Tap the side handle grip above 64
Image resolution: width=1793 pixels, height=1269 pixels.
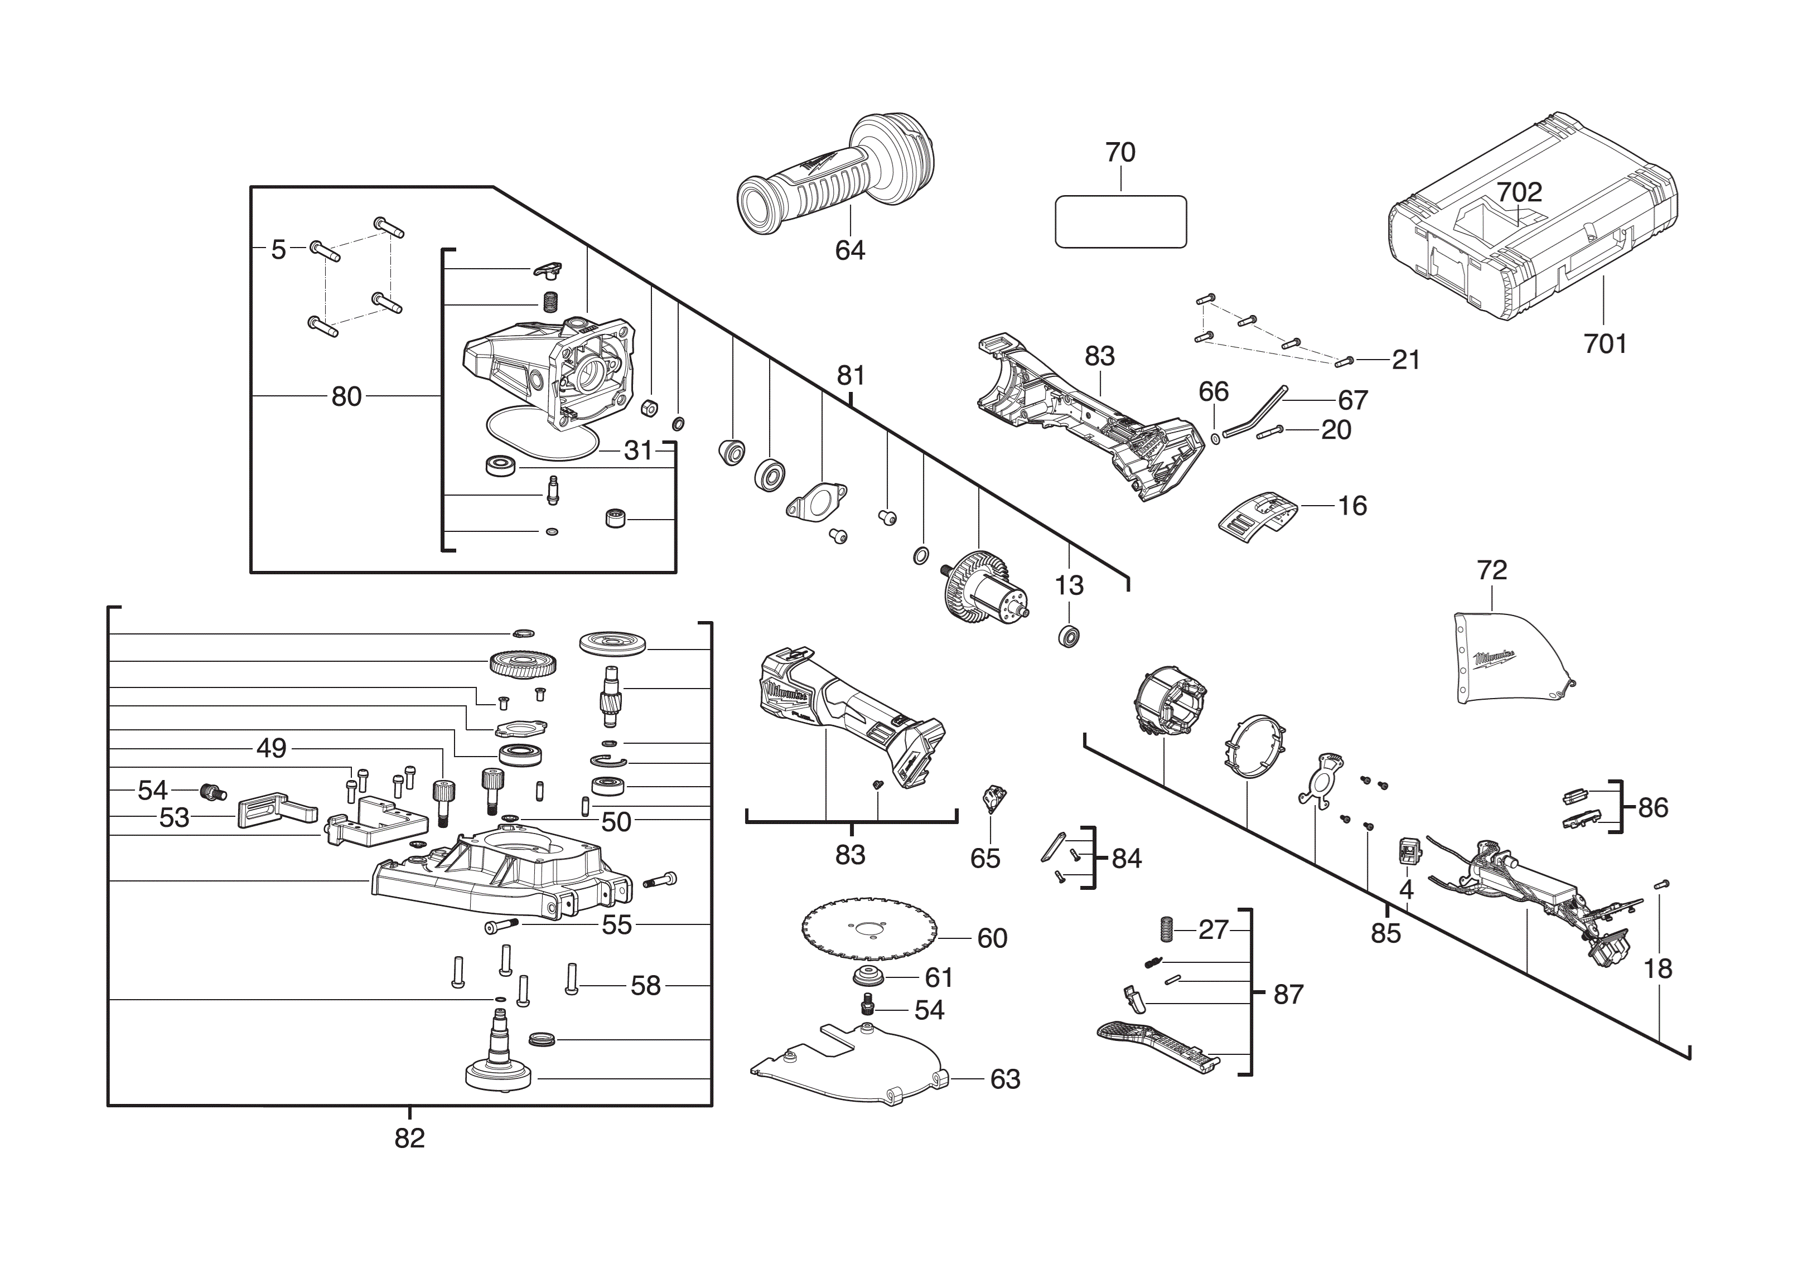[x=829, y=187]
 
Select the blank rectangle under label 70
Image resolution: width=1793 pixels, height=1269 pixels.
[x=1120, y=222]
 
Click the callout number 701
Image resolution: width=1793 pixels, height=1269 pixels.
[x=1604, y=344]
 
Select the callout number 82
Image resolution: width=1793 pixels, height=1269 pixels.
[x=409, y=1139]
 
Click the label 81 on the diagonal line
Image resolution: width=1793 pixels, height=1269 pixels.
[x=850, y=376]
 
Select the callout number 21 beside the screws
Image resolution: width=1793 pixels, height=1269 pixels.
[x=1405, y=360]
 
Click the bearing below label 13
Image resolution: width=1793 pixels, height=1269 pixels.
[x=1069, y=636]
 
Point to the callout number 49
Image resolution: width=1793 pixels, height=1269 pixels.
[x=271, y=749]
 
